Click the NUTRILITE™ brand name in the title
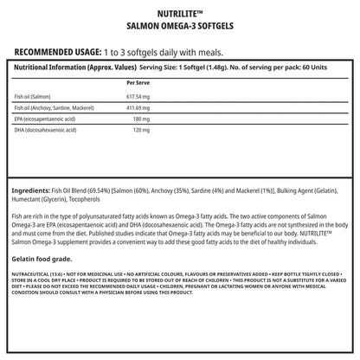[x=180, y=14]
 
